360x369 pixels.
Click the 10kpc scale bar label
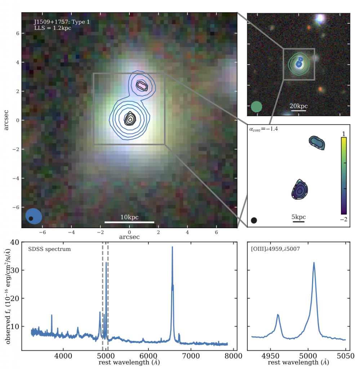pos(129,217)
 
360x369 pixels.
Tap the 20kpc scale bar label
pos(299,106)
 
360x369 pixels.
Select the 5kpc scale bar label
pos(299,217)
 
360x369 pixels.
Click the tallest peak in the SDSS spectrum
pos(172,247)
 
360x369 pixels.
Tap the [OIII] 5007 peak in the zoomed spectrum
pos(314,263)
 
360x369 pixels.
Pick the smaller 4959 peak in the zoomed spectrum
pos(278,315)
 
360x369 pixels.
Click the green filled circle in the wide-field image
pos(256,107)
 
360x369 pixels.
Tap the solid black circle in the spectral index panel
pos(254,220)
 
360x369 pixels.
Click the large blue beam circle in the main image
pos(34,216)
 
